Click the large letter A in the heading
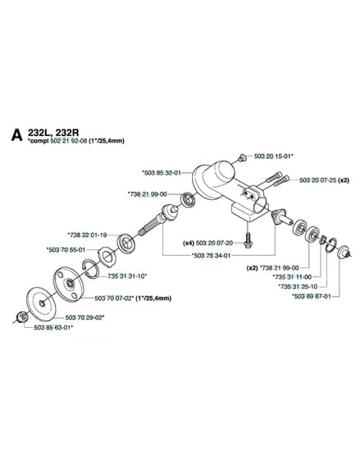pyautogui.click(x=16, y=135)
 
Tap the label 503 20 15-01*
pyautogui.click(x=274, y=157)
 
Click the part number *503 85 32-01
pyautogui.click(x=162, y=173)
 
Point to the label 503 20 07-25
pyautogui.click(x=318, y=180)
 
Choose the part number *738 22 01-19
pyautogui.click(x=87, y=234)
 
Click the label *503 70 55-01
pyautogui.click(x=66, y=250)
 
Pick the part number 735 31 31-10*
pyautogui.click(x=127, y=275)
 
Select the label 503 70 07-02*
pyautogui.click(x=115, y=298)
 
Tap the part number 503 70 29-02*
pyautogui.click(x=85, y=317)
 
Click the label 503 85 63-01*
pyautogui.click(x=53, y=328)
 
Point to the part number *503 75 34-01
pyautogui.click(x=212, y=255)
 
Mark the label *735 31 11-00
pyautogui.click(x=292, y=277)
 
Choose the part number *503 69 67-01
pyautogui.click(x=312, y=296)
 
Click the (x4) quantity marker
pyautogui.click(x=189, y=243)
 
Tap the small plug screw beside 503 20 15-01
pyautogui.click(x=242, y=158)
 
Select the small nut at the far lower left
pyautogui.click(x=21, y=317)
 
